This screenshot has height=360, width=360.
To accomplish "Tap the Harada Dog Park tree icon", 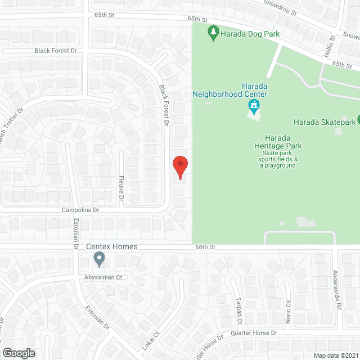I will coord(213,33).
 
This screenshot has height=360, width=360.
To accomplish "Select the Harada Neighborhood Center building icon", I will coord(254,105).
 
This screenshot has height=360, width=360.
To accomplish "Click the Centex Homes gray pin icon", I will coord(100,259).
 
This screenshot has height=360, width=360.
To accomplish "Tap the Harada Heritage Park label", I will coord(282,142).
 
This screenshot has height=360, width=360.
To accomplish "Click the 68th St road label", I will coord(205,246).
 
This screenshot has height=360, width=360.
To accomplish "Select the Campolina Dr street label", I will coord(80,210).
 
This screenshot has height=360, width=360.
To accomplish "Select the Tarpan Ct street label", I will coord(238,311).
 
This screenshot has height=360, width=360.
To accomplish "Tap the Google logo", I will coord(19,353).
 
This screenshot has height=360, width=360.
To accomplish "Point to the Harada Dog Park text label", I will coord(250,34).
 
